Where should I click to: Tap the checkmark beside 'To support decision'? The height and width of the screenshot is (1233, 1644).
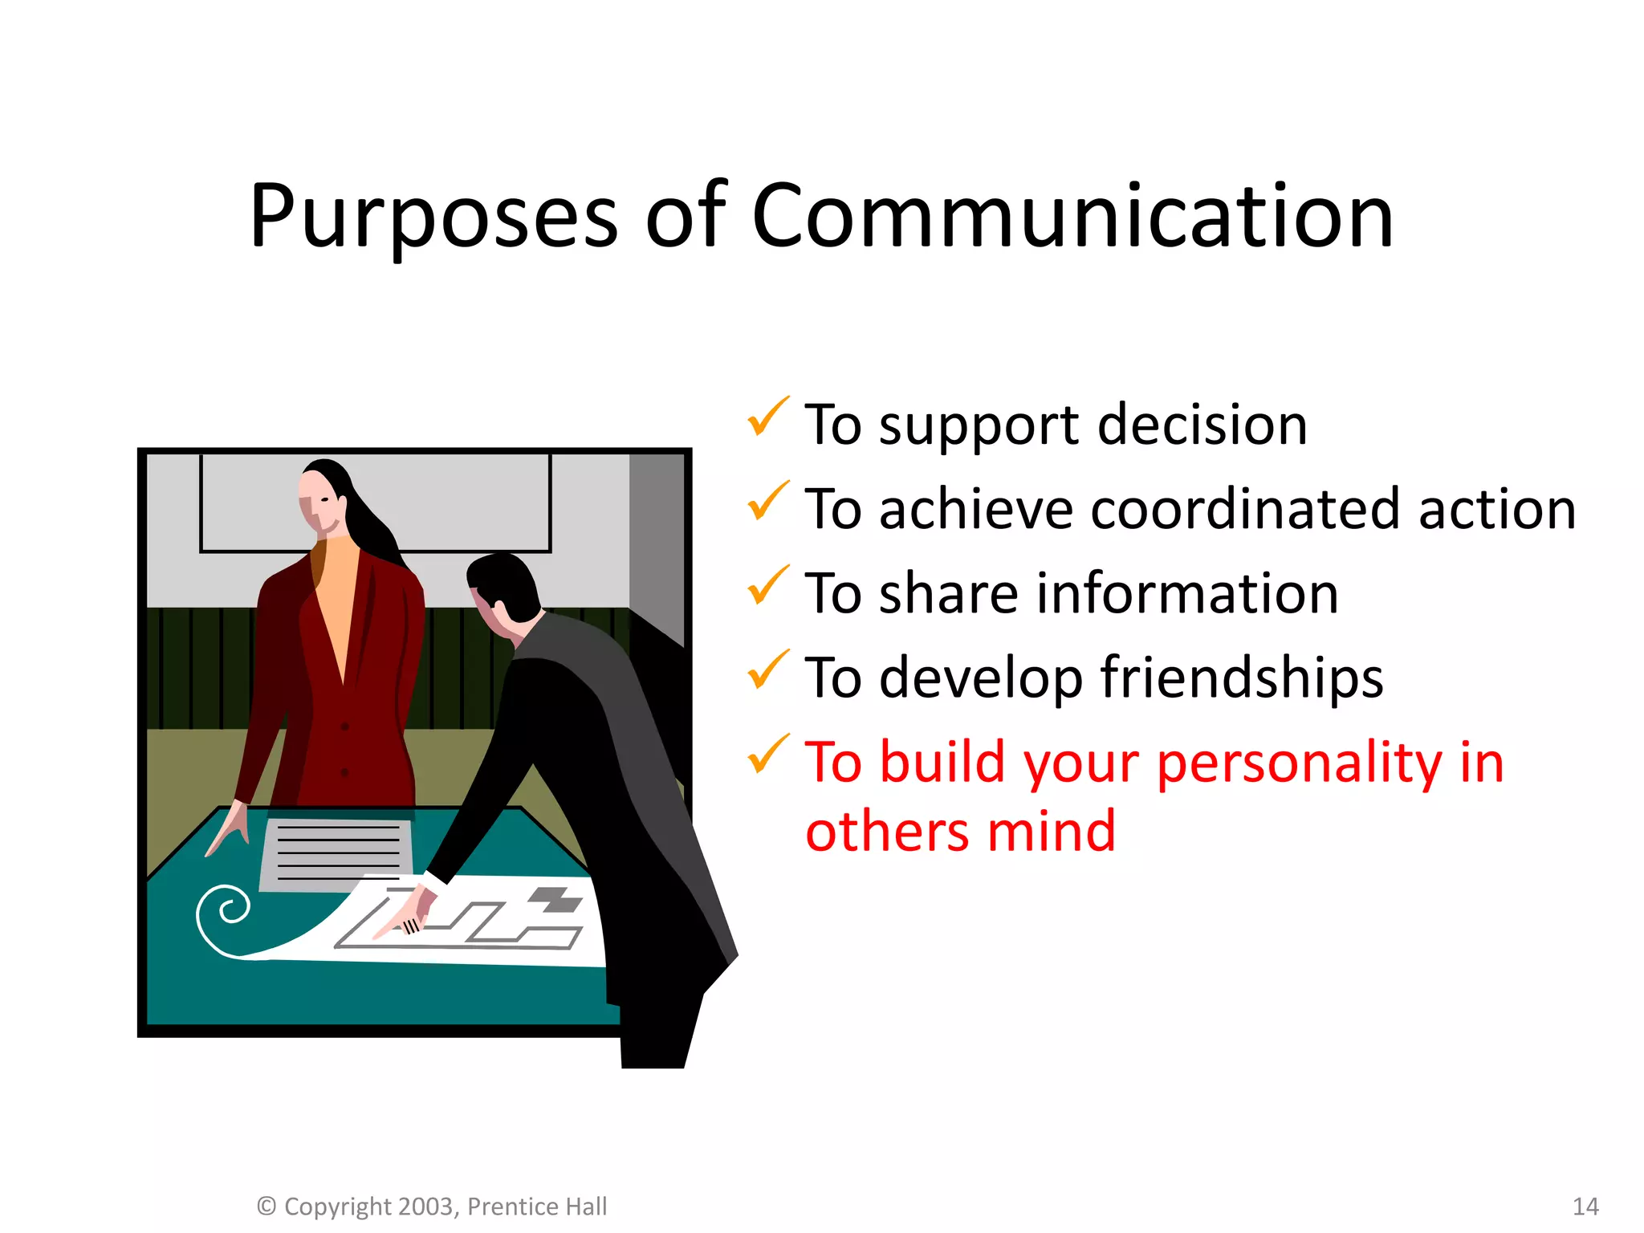pos(767,417)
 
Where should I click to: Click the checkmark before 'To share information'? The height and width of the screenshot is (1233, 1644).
pos(767,586)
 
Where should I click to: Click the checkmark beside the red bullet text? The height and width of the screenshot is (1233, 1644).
pos(767,755)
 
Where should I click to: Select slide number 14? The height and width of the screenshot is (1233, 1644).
pos(1585,1207)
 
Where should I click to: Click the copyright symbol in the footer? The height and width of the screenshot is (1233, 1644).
pos(267,1207)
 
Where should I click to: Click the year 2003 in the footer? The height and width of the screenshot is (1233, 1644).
pos(427,1207)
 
